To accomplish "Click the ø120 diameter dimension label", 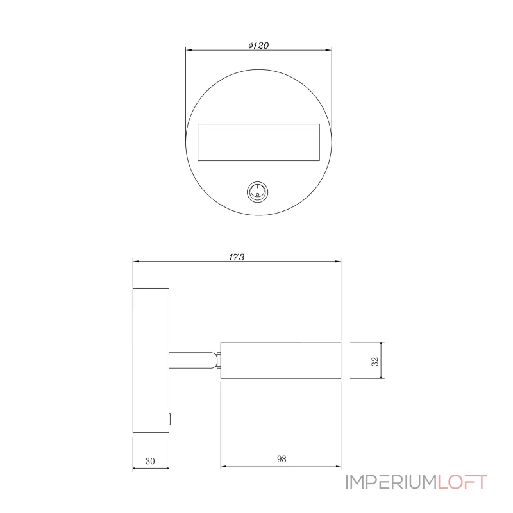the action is [258, 46].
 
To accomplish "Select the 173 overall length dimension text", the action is [236, 257].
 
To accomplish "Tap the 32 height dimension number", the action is [375, 361].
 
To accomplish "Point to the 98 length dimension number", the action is [282, 459].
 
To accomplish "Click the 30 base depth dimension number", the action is [150, 461].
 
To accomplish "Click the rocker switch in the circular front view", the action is [258, 192].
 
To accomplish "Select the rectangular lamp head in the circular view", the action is [258, 142].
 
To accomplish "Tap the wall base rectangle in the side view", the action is [151, 360].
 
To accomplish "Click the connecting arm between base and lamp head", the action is [193, 360].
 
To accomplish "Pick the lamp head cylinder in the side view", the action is [281, 360].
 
